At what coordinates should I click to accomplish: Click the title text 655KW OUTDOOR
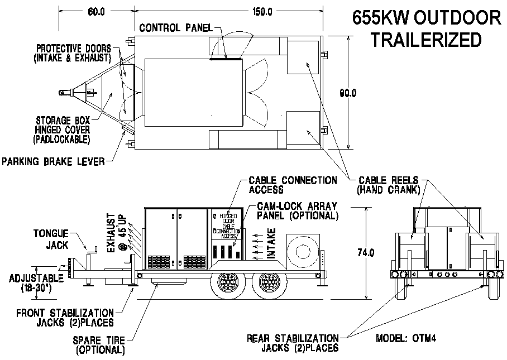(x=427, y=18)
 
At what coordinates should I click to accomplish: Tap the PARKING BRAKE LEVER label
(x=54, y=162)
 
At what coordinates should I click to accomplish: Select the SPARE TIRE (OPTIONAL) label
(x=98, y=345)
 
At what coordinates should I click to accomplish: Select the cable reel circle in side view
(x=304, y=249)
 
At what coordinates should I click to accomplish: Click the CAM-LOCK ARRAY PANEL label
(x=293, y=211)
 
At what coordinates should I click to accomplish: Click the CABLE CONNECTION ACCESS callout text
(x=292, y=185)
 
